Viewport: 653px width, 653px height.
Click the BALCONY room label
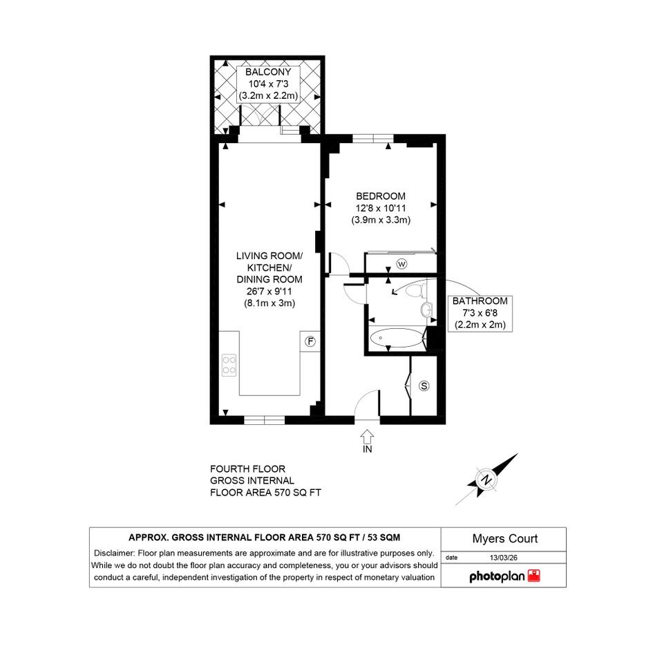[x=268, y=72]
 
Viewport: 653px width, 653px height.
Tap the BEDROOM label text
[x=381, y=196]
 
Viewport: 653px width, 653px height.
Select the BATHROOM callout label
[x=480, y=301]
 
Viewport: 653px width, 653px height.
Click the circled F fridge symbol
[x=310, y=341]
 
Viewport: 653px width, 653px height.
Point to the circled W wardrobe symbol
[x=401, y=264]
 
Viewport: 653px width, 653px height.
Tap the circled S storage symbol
[x=424, y=386]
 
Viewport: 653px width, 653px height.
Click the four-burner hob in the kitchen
[x=229, y=366]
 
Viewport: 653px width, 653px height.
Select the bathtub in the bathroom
[x=397, y=338]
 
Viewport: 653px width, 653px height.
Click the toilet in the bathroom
[x=415, y=290]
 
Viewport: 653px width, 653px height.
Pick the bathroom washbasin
[x=426, y=310]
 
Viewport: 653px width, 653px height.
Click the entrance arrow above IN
[x=367, y=437]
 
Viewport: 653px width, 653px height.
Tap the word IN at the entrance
[x=368, y=449]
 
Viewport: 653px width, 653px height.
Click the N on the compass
[x=486, y=479]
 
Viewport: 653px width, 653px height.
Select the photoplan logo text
[x=497, y=576]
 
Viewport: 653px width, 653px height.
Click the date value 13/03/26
[x=504, y=558]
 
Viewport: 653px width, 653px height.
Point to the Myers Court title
[x=504, y=539]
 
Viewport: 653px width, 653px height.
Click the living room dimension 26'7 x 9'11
[x=269, y=292]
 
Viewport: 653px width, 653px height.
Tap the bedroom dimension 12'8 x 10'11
[x=381, y=208]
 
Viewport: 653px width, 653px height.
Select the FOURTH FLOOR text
[x=247, y=469]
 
